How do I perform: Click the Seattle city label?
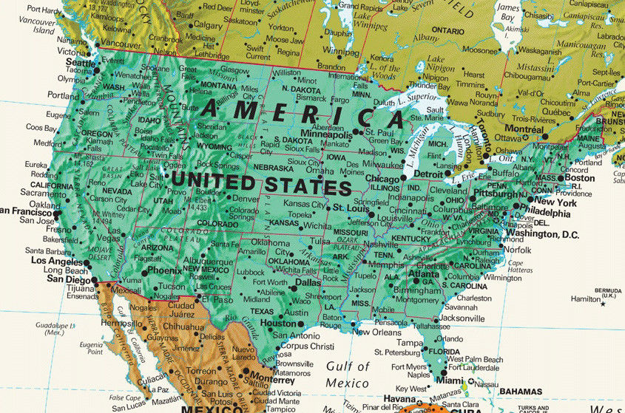coord(81,64)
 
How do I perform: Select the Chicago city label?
coord(382,179)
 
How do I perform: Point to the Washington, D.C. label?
coord(541,234)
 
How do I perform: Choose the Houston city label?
coord(278,323)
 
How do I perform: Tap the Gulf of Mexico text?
coord(347,375)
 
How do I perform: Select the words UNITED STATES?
coord(261,182)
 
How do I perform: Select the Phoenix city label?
coord(164,270)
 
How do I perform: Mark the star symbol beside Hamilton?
coord(603,304)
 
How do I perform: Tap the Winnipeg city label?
coord(339,51)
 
